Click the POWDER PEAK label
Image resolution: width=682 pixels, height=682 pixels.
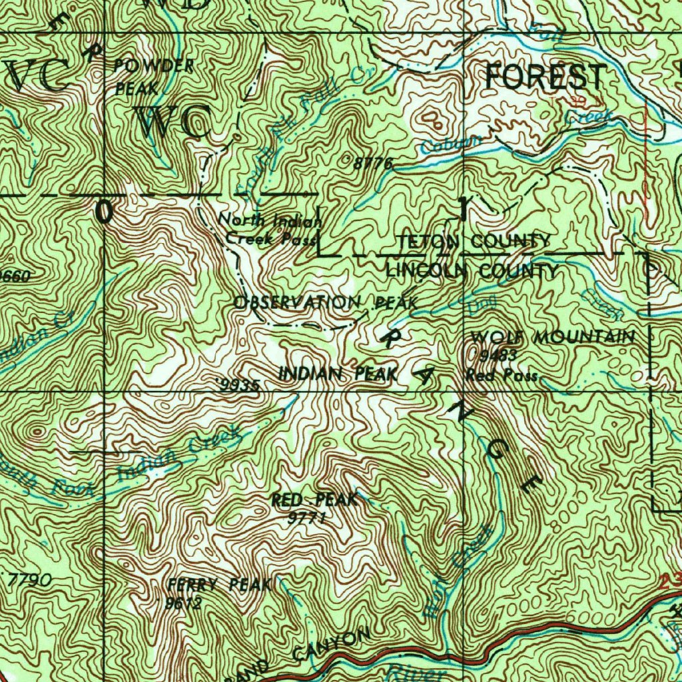[x=153, y=76]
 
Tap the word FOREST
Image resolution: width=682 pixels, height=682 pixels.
[x=545, y=77]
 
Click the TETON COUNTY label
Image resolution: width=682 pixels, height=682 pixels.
[x=474, y=241]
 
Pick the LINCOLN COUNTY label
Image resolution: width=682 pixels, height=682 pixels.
[x=472, y=270]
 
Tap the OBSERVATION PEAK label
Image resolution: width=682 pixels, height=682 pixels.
[x=326, y=302]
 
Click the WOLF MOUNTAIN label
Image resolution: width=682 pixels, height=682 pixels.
[x=552, y=337]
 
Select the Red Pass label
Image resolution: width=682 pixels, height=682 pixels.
[x=501, y=376]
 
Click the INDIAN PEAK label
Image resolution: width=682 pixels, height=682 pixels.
[x=338, y=374]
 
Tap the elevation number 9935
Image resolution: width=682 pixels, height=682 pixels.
[x=238, y=385]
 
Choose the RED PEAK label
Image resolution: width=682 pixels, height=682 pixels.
[x=314, y=500]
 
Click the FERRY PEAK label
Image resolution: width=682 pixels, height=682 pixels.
[x=219, y=585]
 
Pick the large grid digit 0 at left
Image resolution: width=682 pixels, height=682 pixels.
[x=104, y=212]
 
